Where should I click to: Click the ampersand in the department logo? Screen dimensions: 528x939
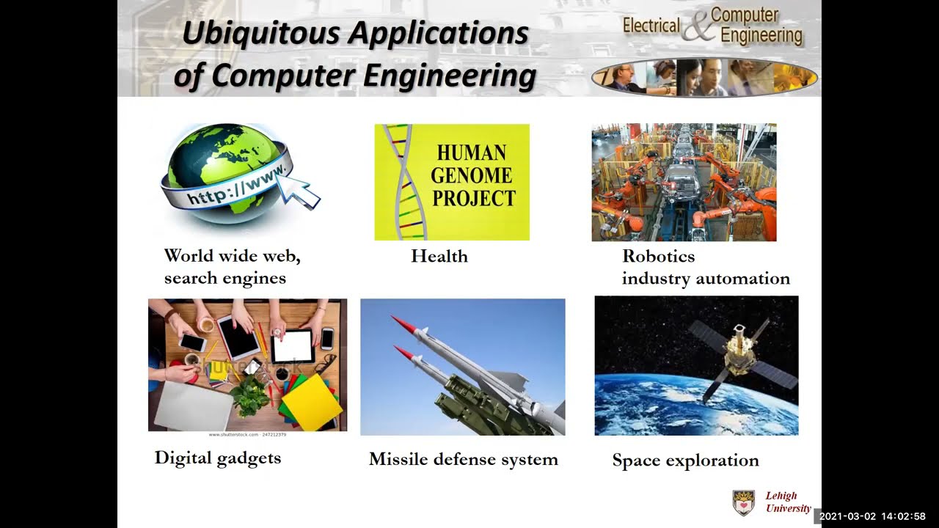(697, 26)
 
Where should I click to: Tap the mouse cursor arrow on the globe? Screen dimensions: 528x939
(301, 191)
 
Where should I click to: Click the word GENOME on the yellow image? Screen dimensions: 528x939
(471, 175)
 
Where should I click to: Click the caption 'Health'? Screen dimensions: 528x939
(439, 256)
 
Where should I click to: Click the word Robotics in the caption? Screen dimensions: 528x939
(658, 256)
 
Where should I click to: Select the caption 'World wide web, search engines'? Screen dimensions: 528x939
(232, 267)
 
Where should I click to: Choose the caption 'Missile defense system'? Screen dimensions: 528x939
(463, 460)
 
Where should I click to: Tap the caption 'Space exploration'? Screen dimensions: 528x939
(685, 461)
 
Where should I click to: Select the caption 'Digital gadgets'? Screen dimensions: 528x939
(217, 458)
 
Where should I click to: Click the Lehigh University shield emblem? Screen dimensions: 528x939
(743, 502)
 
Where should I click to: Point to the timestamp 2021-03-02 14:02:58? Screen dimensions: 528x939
(872, 517)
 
